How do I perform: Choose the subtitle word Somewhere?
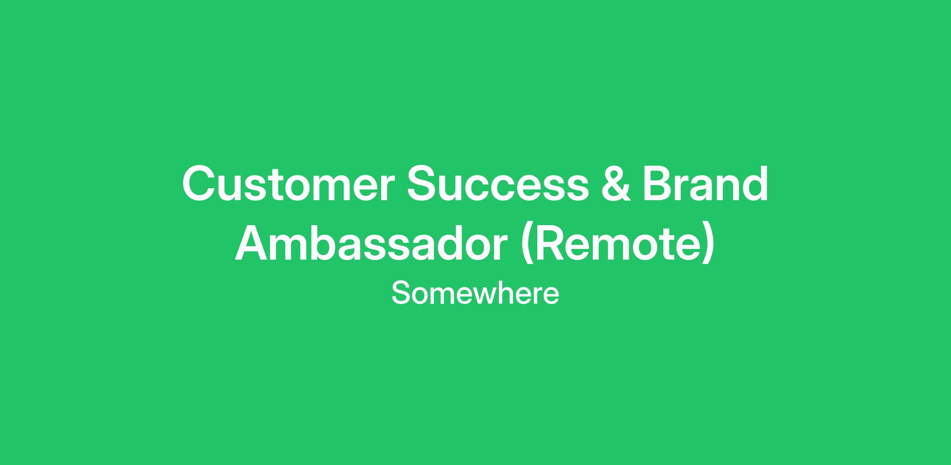click(x=475, y=293)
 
